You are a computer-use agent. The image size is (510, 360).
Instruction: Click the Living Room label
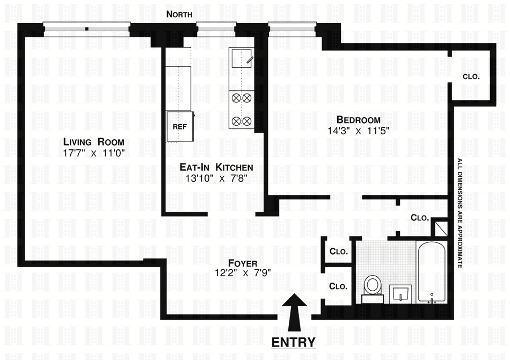point(94,142)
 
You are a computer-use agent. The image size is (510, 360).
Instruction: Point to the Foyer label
point(243,263)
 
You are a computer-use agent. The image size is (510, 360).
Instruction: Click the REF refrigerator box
point(179,126)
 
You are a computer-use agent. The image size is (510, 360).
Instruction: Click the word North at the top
point(179,15)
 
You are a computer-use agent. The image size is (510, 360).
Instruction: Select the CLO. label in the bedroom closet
point(471,76)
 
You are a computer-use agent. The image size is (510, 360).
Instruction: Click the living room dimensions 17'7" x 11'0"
point(94,153)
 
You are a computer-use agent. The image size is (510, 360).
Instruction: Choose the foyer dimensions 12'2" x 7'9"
point(243,272)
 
